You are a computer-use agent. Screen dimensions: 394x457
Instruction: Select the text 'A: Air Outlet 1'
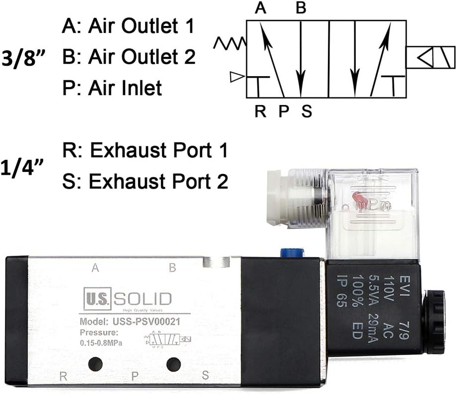[128, 26]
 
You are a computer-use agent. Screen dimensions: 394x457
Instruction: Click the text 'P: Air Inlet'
[112, 88]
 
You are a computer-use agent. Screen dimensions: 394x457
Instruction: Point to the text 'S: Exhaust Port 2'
[146, 181]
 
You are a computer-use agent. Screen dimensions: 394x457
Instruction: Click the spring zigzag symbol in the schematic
[229, 43]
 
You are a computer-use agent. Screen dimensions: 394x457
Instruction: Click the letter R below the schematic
[260, 111]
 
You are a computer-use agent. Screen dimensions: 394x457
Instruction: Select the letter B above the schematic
[300, 8]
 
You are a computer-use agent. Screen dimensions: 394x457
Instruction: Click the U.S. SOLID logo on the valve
[127, 299]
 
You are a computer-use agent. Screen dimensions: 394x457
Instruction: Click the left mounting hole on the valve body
[95, 364]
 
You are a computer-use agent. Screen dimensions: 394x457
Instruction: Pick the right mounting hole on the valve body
[173, 364]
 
